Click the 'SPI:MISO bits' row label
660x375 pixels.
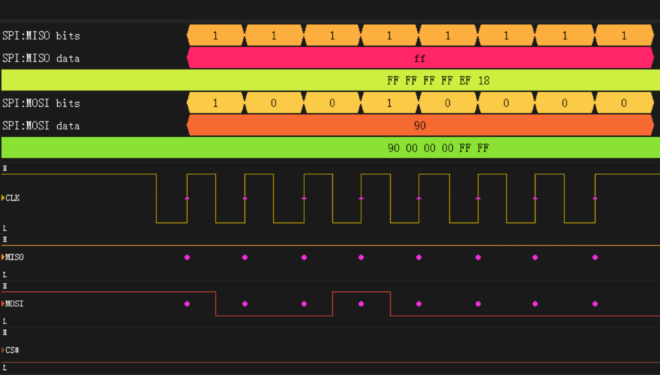(x=41, y=36)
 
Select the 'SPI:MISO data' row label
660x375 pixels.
(x=41, y=59)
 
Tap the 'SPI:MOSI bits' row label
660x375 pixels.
(x=41, y=103)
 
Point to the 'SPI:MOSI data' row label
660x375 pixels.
(x=41, y=126)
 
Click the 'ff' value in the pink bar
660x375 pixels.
(x=420, y=59)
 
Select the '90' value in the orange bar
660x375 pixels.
(x=420, y=126)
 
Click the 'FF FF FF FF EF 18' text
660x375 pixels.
(x=438, y=81)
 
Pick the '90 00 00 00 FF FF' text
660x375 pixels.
(x=438, y=148)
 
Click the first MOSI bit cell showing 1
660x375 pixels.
(x=216, y=103)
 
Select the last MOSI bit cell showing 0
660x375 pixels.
(x=624, y=103)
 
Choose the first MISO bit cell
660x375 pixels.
(x=216, y=35)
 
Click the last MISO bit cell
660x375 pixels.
(x=624, y=35)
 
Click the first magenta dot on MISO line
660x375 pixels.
(x=187, y=257)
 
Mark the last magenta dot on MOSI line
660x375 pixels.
(x=595, y=304)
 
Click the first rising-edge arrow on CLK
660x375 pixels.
(x=187, y=198)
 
